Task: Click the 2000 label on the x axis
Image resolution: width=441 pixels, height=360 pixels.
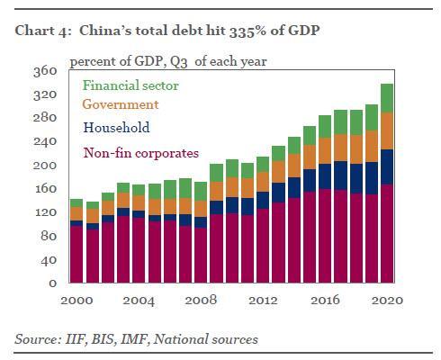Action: coord(76,301)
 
